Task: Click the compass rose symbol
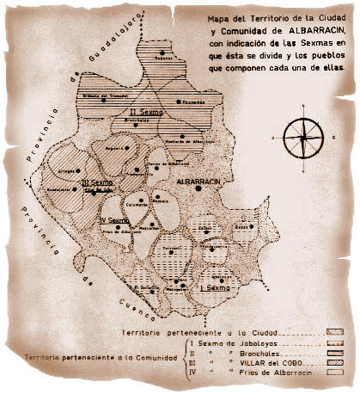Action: tap(302, 136)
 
